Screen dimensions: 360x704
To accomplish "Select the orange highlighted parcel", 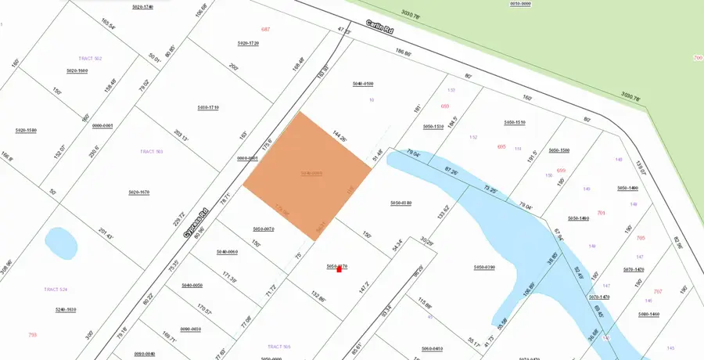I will [x=307, y=174].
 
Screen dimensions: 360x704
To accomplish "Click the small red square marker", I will [x=339, y=269].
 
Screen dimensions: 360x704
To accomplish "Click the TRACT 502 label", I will [x=91, y=59].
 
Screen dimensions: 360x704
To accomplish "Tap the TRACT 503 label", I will [x=151, y=152].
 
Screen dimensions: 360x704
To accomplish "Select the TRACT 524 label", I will [x=56, y=290].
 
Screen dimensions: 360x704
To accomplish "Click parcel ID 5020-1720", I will [x=248, y=42].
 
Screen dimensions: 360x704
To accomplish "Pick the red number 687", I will [x=265, y=29].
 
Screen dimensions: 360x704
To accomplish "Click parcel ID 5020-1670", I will [x=138, y=192].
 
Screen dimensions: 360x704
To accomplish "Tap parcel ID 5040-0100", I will [x=362, y=83].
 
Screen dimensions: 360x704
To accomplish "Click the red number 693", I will [x=445, y=106].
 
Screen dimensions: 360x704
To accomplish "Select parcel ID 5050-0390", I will [x=484, y=267].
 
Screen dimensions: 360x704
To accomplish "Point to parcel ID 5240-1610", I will [x=65, y=310].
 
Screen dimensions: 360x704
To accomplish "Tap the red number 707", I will [x=656, y=291].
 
